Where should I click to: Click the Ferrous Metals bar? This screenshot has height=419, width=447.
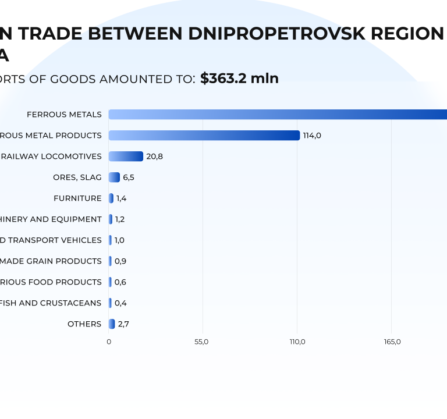tap(278, 115)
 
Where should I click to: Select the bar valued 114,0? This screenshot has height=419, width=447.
tap(204, 136)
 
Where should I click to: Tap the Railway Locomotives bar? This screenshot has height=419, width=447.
tap(126, 157)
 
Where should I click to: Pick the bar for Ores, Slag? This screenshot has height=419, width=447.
tap(114, 177)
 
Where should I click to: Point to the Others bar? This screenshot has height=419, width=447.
tap(112, 324)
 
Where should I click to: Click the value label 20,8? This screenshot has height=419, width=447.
tap(155, 157)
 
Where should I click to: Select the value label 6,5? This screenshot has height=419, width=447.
tap(129, 177)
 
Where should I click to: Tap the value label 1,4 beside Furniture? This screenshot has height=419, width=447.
tap(121, 198)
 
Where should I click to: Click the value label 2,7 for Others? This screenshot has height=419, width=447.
tap(123, 324)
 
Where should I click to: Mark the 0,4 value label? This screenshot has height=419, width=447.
tap(120, 303)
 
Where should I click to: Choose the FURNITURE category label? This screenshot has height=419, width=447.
tap(77, 198)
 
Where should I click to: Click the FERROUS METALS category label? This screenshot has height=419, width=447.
tap(64, 115)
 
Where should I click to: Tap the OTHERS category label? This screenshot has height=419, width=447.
tap(84, 324)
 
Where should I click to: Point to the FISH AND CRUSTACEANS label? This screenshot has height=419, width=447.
tap(51, 303)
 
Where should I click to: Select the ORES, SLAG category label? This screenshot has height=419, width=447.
tap(77, 177)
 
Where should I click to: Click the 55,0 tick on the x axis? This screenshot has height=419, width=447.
tap(203, 342)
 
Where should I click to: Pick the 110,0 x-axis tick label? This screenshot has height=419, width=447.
tap(297, 342)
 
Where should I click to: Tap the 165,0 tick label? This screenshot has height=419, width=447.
tap(392, 342)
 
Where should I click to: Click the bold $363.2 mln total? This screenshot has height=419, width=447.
tap(239, 79)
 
